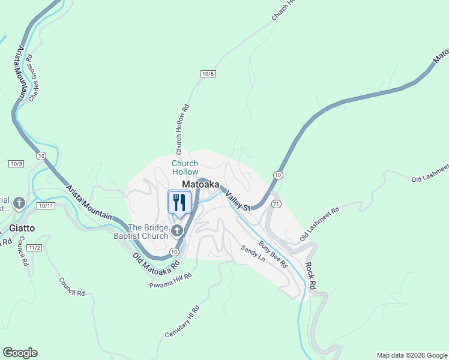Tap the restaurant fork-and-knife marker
click(179, 202)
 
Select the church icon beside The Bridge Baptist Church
click(176, 231)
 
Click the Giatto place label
click(22, 228)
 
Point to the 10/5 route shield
click(208, 73)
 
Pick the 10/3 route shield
click(16, 164)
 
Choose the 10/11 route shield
click(46, 206)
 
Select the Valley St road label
click(238, 199)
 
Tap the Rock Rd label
click(310, 276)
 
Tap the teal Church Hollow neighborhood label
click(185, 167)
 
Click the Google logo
click(20, 353)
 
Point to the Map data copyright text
click(412, 355)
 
